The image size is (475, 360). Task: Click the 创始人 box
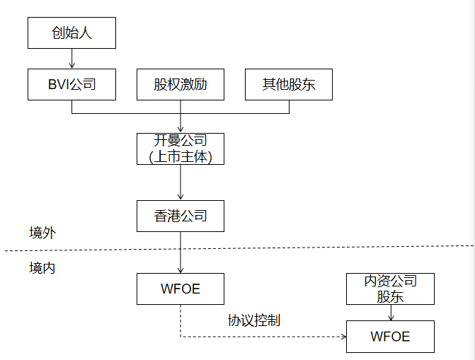71,33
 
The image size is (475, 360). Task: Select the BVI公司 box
71,84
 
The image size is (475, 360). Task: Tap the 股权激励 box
180,84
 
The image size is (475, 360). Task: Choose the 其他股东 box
288,84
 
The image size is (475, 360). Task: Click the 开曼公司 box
180,149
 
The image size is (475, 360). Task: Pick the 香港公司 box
180,216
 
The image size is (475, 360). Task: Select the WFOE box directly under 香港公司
180,289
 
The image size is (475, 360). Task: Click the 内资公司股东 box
390,289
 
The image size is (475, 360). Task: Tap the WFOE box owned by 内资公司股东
390,336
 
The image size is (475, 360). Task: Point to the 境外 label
42,233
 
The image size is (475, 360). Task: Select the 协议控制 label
253,320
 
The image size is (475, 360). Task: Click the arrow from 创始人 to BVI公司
71,59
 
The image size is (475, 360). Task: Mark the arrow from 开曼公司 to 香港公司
181,182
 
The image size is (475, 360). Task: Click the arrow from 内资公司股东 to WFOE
391,312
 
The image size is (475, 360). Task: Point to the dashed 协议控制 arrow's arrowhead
342,337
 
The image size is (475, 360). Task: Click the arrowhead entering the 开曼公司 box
181,129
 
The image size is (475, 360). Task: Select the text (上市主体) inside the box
180,157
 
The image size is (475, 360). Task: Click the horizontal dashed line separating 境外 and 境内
283,248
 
